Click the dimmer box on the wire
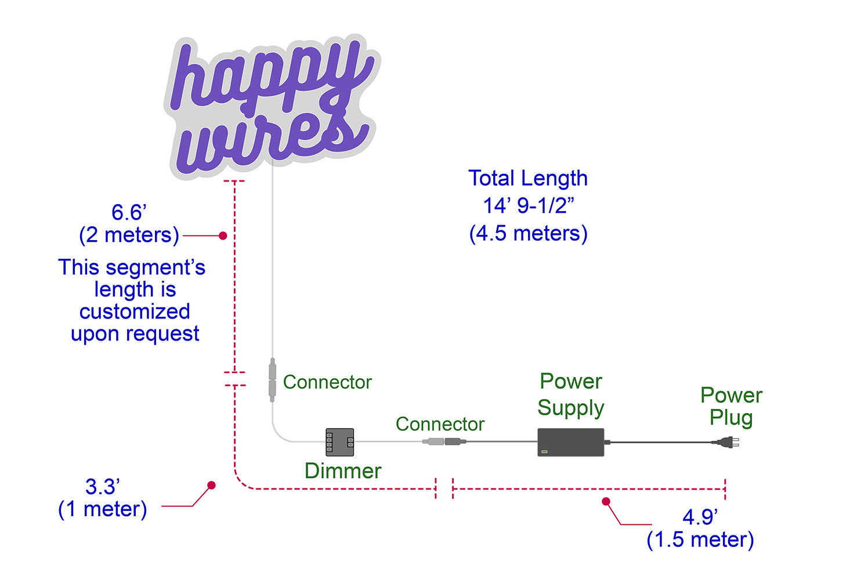point(339,442)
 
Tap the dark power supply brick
point(570,442)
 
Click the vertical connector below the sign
point(272,380)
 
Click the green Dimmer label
point(343,471)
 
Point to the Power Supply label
point(571,394)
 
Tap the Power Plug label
point(731,406)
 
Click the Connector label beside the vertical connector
point(327,382)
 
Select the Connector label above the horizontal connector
point(440,424)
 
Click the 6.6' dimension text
point(129,212)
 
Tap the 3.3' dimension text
point(103,487)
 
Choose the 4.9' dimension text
point(700,517)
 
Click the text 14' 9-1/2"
point(529,206)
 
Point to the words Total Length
point(528,179)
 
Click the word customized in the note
point(135,312)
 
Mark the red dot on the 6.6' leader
point(223,235)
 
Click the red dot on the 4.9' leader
point(606,502)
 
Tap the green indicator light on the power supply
point(544,451)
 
